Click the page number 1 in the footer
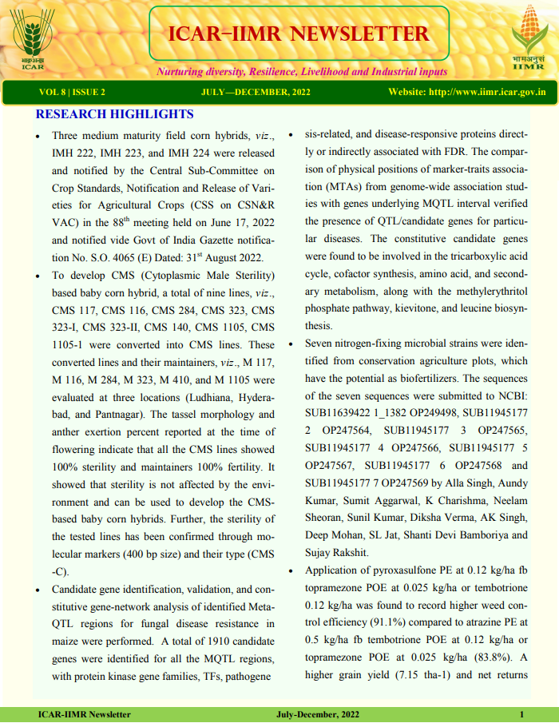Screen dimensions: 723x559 point(522,714)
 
